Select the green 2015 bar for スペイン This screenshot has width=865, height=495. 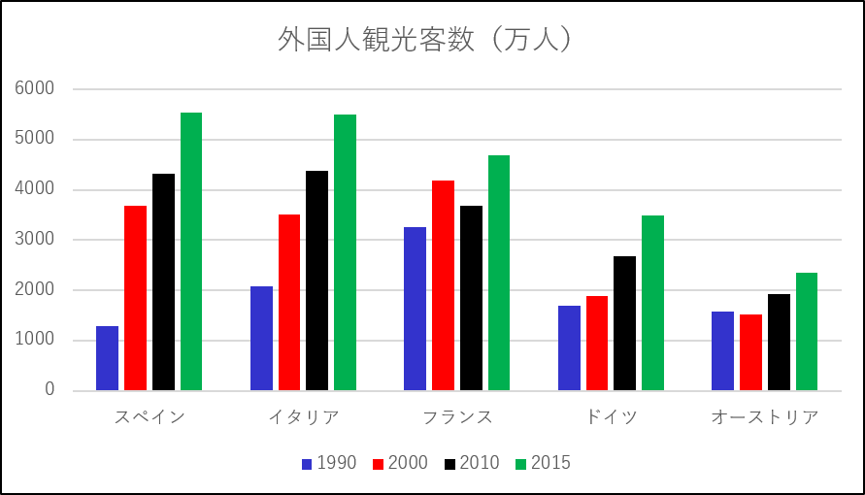[191, 251]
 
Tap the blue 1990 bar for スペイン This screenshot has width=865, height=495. [107, 358]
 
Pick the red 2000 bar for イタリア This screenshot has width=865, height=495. [289, 303]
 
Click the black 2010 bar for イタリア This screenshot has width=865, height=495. [317, 280]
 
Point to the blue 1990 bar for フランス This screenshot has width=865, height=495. [415, 309]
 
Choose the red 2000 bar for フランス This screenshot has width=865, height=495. [443, 285]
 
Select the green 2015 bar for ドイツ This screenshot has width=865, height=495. [652, 303]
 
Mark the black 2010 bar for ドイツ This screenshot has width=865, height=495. [624, 323]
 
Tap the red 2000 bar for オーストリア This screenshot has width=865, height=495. [750, 352]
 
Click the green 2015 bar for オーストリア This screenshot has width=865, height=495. [807, 332]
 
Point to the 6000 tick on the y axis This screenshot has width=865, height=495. [35, 88]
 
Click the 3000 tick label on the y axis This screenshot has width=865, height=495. [35, 239]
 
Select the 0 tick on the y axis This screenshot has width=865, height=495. [50, 390]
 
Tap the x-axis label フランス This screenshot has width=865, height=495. [457, 417]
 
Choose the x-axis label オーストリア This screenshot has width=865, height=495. [765, 417]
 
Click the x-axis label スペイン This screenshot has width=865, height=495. [150, 417]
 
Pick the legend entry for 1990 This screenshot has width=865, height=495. [329, 463]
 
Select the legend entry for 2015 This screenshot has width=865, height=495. [544, 463]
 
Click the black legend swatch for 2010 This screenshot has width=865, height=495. [450, 464]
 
